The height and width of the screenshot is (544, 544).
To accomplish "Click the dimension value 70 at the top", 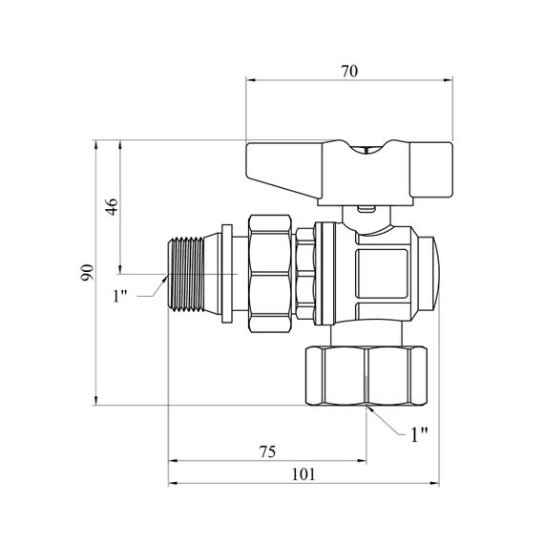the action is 349,72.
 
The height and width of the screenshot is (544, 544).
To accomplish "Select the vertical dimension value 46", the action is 112,207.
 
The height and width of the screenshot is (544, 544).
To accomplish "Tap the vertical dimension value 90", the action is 87,272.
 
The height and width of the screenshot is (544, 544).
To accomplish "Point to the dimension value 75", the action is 267,451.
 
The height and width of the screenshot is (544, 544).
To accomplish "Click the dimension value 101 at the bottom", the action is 303,474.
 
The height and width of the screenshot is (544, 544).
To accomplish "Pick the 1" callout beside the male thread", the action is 120,296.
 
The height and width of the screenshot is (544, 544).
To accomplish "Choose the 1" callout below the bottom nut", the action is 419,434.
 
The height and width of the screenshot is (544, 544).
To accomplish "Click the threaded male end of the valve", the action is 185,274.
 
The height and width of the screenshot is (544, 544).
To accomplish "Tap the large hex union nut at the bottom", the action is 366,376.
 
